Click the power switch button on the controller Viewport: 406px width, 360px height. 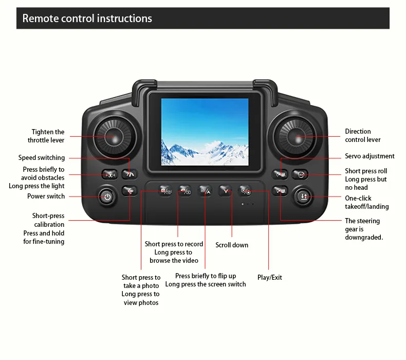click(107, 197)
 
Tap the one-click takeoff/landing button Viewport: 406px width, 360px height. click(303, 196)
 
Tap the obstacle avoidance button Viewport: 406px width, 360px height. click(110, 174)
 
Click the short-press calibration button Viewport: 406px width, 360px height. click(130, 191)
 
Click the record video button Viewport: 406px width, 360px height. click(185, 191)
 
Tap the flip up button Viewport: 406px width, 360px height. click(205, 191)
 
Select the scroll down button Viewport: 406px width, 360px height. click(225, 191)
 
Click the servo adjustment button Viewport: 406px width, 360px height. click(280, 174)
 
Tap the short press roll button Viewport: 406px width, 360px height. click(300, 174)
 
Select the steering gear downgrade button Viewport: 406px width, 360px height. click(280, 191)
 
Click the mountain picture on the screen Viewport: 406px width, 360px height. click(205, 132)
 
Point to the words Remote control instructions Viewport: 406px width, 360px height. click(87, 19)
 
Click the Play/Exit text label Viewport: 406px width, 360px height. click(269, 278)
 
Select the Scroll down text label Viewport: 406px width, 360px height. click(232, 245)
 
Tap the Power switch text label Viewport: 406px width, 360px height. click(46, 196)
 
